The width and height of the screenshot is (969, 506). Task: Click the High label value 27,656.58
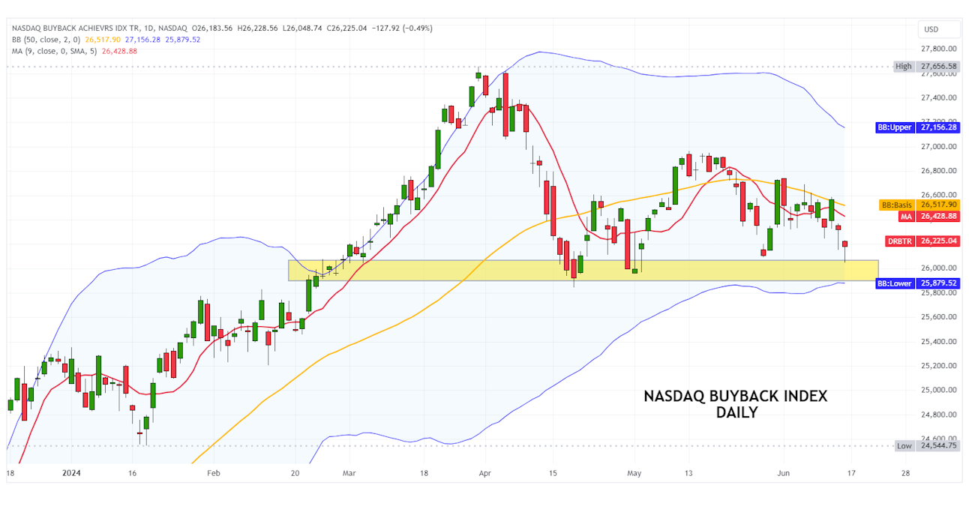point(939,66)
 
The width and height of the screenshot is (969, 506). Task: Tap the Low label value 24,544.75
point(939,445)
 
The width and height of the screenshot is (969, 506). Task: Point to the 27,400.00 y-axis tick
point(939,97)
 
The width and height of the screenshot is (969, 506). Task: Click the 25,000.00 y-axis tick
point(939,390)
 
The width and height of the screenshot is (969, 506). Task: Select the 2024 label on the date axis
point(72,473)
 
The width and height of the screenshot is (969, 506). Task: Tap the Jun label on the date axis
point(784,473)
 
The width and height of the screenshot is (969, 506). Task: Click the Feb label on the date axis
point(214,473)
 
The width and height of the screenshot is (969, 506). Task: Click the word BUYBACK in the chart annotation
point(742,397)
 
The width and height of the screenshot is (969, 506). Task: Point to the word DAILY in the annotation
point(736,412)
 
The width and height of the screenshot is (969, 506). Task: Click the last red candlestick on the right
point(845,244)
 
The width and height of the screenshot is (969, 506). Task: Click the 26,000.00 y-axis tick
point(939,268)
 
